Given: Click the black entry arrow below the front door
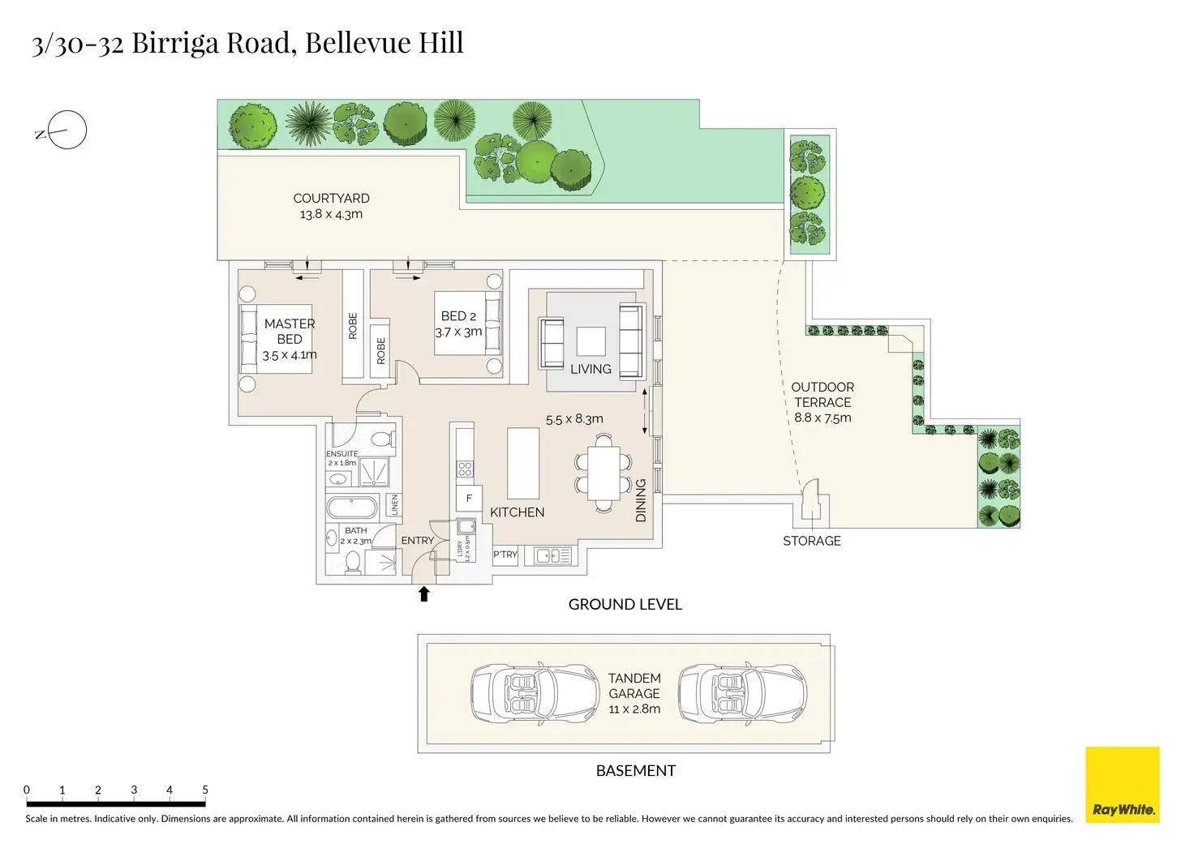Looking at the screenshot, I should pos(423,594).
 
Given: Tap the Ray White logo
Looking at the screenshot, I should pos(1123,785).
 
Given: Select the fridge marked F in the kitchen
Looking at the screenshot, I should pos(469,498).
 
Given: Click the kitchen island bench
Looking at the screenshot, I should pos(523,463).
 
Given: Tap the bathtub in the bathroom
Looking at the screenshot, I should pos(352,508).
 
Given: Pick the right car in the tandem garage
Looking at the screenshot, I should pos(742,693).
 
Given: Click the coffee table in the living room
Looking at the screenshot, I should pos(591,341).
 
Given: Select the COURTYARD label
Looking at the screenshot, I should pos(331,199).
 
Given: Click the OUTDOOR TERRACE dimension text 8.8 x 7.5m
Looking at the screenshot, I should pos(822,418).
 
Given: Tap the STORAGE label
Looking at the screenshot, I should pos(811,541).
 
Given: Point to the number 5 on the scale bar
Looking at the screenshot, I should pos(205,790).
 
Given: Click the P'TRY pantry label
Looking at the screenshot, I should pos(505,555).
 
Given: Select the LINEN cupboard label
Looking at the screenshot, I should pos(395,504).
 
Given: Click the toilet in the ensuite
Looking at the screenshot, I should pos(382,439).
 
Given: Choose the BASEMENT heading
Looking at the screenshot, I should pos(635,770).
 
